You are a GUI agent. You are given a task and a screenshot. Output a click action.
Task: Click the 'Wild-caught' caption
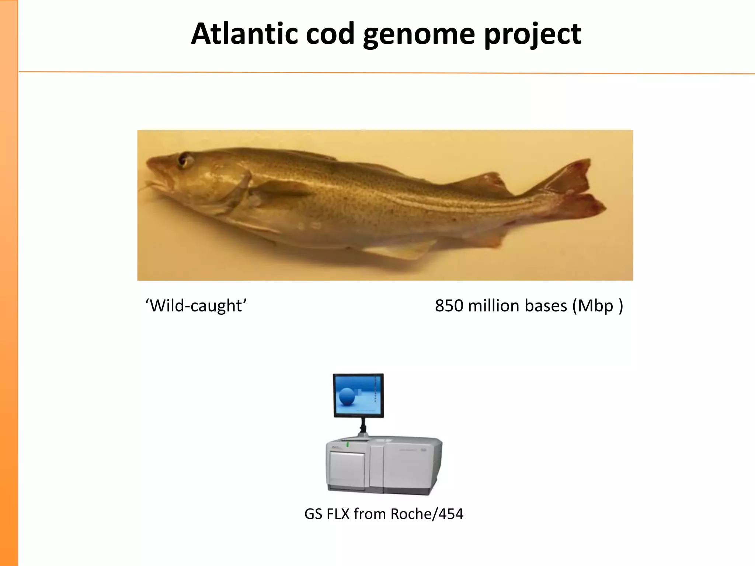(x=196, y=306)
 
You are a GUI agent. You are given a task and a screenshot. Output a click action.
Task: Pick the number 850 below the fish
(x=449, y=306)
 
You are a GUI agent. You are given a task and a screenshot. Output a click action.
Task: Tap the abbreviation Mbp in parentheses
(x=595, y=306)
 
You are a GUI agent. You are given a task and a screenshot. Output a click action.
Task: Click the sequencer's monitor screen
(x=358, y=395)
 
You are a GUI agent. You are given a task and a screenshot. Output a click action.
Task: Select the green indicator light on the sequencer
(x=348, y=445)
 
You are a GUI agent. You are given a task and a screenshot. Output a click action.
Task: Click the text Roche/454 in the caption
(x=427, y=514)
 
